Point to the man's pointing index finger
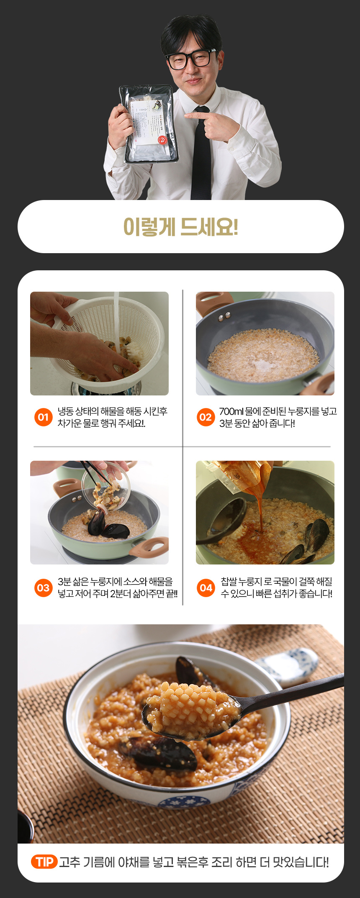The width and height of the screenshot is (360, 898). point(196,115)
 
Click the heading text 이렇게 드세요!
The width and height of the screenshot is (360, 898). point(180,227)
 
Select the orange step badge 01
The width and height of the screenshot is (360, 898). point(43,417)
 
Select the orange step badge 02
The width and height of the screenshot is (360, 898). point(206,417)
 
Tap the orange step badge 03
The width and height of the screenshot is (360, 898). point(43,588)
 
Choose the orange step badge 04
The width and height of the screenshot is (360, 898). point(206,588)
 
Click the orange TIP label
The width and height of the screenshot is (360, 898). point(44,862)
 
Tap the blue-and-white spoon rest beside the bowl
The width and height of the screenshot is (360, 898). point(289,666)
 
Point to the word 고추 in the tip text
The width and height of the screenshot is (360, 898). point(69,862)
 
